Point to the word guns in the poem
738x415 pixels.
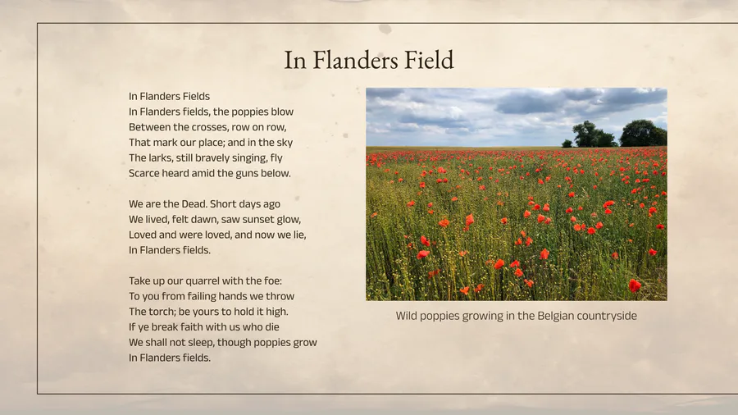(246, 174)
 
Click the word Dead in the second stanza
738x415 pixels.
(194, 203)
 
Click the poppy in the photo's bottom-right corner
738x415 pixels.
(635, 285)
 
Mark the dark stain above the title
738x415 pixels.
(385, 30)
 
